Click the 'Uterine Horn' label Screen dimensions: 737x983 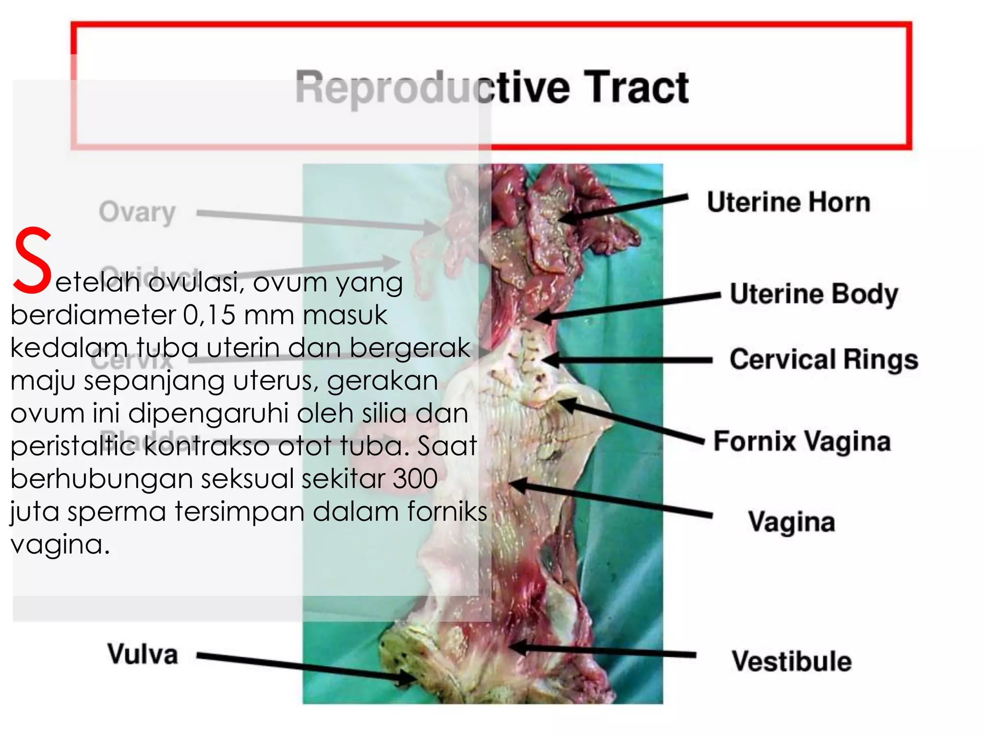tap(788, 202)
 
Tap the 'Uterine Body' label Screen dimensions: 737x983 tap(814, 294)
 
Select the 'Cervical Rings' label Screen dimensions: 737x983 tap(824, 359)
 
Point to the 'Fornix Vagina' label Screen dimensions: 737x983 tap(802, 441)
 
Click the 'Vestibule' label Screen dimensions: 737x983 tap(791, 661)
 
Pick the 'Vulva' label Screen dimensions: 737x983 tap(143, 654)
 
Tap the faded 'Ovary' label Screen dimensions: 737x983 tap(137, 212)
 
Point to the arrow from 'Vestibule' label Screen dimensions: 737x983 tap(605, 651)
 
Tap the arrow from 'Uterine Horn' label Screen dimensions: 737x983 tap(624, 207)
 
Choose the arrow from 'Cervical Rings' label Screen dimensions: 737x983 tap(629, 360)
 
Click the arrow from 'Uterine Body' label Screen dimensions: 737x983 tap(629, 306)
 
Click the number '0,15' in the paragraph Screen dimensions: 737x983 tap(209, 316)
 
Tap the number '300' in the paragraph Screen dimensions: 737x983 tap(415, 479)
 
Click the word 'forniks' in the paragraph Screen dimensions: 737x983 tap(447, 511)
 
